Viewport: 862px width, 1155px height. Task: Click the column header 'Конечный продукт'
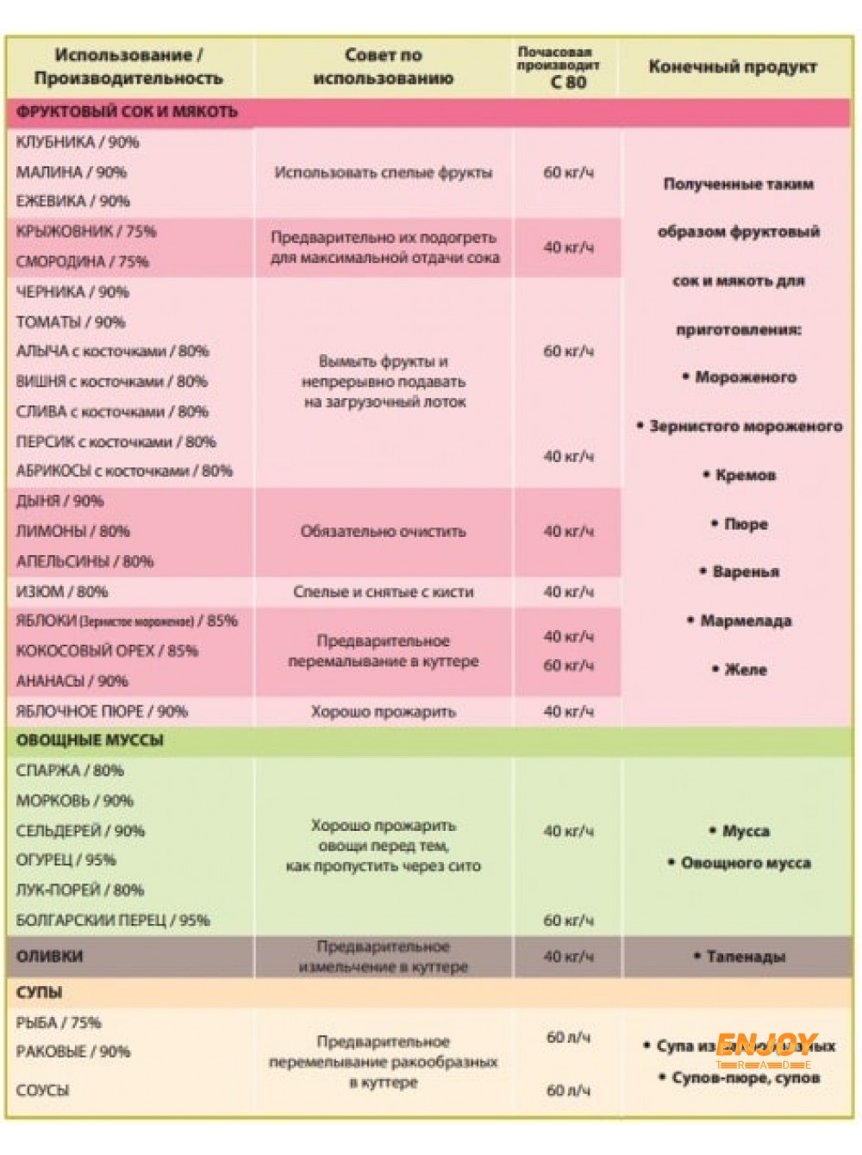pyautogui.click(x=732, y=66)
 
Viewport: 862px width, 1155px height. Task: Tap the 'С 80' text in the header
pyautogui.click(x=568, y=83)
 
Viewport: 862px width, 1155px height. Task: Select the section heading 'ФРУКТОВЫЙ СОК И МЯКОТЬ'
pyautogui.click(x=127, y=112)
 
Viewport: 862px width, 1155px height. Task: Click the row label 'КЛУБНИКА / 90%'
pyautogui.click(x=78, y=142)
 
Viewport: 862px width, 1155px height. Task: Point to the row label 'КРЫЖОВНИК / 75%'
pyautogui.click(x=86, y=231)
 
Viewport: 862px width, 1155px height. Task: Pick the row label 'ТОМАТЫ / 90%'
pyautogui.click(x=71, y=322)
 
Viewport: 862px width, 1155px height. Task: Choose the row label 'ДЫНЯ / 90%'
pyautogui.click(x=59, y=501)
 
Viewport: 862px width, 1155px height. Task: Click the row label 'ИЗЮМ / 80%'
pyautogui.click(x=62, y=591)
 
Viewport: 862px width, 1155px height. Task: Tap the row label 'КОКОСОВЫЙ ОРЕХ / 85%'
pyautogui.click(x=107, y=651)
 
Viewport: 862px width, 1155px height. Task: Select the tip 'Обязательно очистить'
pyautogui.click(x=383, y=531)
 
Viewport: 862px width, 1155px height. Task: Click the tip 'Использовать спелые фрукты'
pyautogui.click(x=383, y=172)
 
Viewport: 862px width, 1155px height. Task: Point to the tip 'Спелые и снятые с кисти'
pyautogui.click(x=383, y=591)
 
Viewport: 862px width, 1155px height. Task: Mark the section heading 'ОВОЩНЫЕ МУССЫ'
pyautogui.click(x=90, y=740)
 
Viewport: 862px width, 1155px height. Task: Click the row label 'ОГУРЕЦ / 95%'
pyautogui.click(x=66, y=860)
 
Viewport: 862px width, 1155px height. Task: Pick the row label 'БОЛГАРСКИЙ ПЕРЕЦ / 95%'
pyautogui.click(x=113, y=921)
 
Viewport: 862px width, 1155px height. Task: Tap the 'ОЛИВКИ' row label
pyautogui.click(x=50, y=956)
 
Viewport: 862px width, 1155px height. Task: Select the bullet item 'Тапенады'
pyautogui.click(x=745, y=956)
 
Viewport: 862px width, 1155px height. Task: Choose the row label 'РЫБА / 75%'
pyautogui.click(x=59, y=1022)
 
